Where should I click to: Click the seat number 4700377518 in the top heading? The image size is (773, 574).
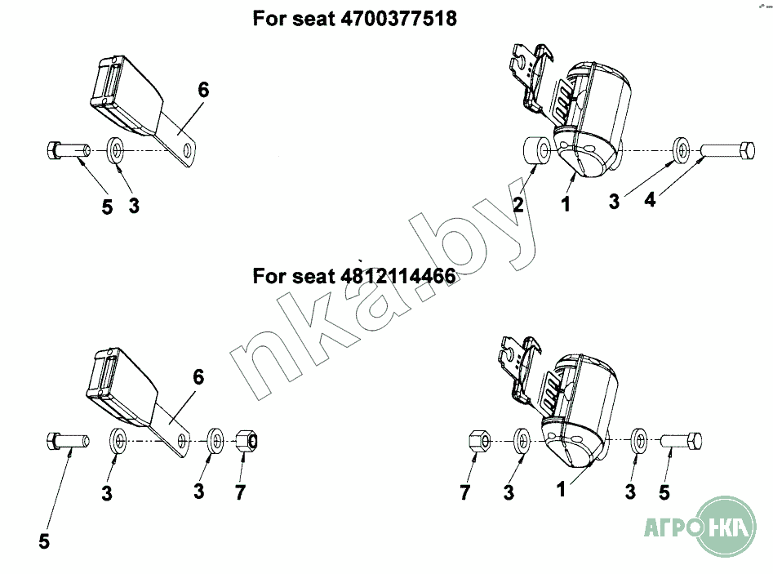(x=399, y=19)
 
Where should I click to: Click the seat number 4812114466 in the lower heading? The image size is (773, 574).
(x=398, y=276)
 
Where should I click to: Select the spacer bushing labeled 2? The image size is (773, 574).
(x=536, y=151)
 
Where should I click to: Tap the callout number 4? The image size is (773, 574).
(x=651, y=199)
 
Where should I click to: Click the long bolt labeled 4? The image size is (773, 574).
(x=727, y=150)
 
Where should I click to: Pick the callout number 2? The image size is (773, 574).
(x=518, y=203)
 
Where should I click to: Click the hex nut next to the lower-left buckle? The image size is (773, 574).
(x=247, y=440)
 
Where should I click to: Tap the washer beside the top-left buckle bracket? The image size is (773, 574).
(x=117, y=150)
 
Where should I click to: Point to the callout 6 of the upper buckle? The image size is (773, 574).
(x=203, y=90)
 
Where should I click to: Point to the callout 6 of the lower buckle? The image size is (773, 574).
(x=198, y=377)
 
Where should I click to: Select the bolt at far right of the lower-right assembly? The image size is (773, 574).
(x=682, y=440)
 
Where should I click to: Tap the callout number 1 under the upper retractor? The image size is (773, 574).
(x=566, y=203)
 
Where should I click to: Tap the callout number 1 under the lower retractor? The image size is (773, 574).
(x=561, y=489)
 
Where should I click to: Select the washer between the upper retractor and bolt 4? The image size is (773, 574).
(x=681, y=150)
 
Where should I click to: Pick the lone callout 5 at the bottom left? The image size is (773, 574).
(x=44, y=541)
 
